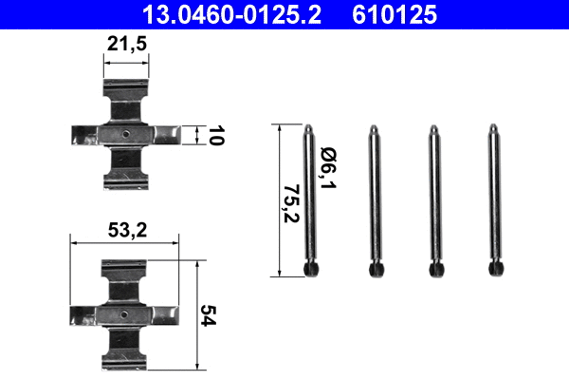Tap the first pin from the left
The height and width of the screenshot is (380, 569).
(x=312, y=199)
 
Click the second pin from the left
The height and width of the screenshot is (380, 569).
(x=375, y=199)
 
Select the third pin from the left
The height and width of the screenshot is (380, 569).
(x=434, y=199)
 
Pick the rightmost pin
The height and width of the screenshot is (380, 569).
(x=494, y=199)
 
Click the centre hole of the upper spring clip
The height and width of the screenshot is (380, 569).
(x=125, y=134)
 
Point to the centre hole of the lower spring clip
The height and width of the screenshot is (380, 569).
(x=125, y=313)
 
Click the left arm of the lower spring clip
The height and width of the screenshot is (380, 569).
(x=87, y=313)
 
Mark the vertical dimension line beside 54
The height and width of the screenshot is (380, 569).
(x=196, y=313)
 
